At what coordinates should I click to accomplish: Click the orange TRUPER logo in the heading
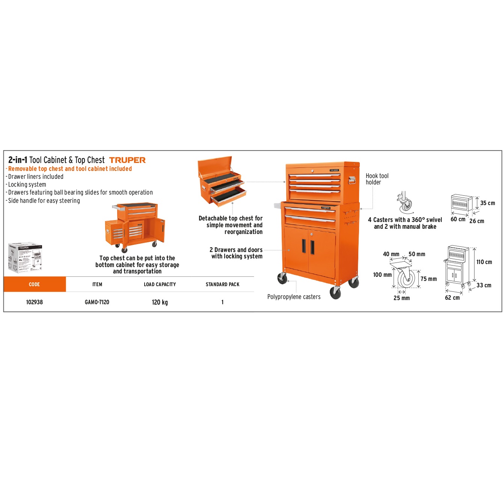(127, 160)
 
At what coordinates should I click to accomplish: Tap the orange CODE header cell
(35, 284)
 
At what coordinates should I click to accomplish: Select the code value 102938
(35, 302)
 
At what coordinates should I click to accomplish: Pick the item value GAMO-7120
(97, 302)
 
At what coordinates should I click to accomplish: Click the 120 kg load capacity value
(160, 302)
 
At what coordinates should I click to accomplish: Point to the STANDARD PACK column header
(223, 284)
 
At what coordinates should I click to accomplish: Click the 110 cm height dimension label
(484, 262)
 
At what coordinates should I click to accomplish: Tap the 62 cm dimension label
(452, 298)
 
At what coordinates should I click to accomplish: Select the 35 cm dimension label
(487, 203)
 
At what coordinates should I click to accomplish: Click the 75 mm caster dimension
(429, 279)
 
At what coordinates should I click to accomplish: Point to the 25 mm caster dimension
(402, 298)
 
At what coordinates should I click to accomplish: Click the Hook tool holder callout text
(377, 179)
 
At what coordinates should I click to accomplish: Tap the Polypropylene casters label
(294, 297)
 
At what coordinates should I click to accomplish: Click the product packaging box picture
(25, 258)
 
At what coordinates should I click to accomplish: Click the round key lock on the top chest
(312, 171)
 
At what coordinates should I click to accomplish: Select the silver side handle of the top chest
(352, 180)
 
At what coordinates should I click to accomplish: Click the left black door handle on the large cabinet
(304, 246)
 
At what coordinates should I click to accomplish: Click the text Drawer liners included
(36, 177)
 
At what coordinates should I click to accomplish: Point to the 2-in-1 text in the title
(18, 160)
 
